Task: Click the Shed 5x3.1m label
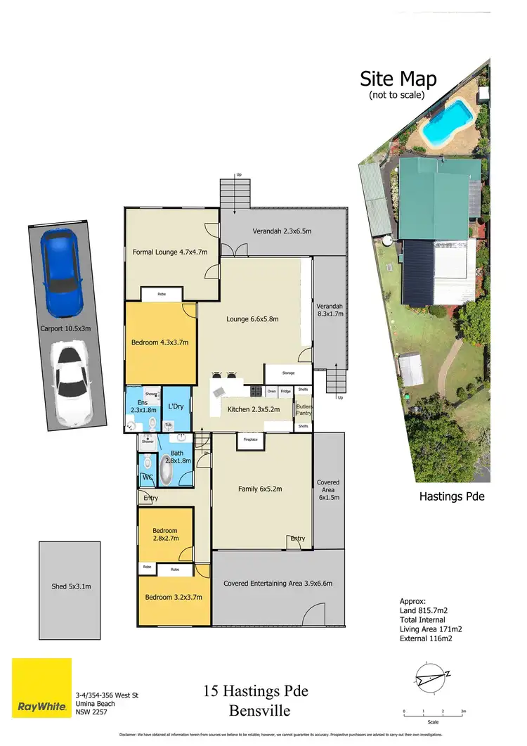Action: pyautogui.click(x=70, y=586)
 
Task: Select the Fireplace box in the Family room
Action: pyautogui.click(x=250, y=439)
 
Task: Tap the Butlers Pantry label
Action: pyautogui.click(x=304, y=411)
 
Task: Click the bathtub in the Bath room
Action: pyautogui.click(x=167, y=470)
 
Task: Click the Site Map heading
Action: pyautogui.click(x=398, y=79)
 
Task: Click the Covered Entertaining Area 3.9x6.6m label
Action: pyautogui.click(x=278, y=583)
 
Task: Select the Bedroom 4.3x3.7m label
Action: pyautogui.click(x=160, y=342)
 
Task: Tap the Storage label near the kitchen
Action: pyautogui.click(x=287, y=373)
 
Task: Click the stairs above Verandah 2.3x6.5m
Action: pyautogui.click(x=235, y=194)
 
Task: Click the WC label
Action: pyautogui.click(x=148, y=477)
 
